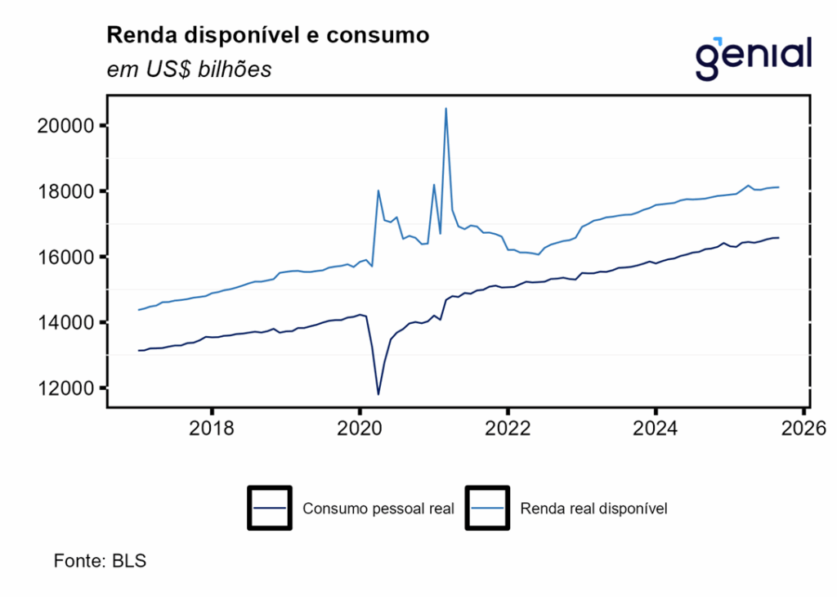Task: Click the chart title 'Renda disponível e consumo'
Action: coord(267,36)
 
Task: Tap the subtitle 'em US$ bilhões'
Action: coord(189,70)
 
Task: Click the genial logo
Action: coord(753,58)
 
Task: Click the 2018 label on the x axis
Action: coord(212,429)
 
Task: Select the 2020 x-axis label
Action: coord(360,429)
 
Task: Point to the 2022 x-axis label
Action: coord(508,429)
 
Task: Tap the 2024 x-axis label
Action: coord(656,429)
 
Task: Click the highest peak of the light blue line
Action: coord(445,109)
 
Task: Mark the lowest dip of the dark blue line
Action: coord(378,394)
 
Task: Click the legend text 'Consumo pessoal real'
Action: coord(378,508)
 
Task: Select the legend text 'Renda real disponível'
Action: coord(594,508)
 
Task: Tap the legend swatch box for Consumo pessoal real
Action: coord(269,508)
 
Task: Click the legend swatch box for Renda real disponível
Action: coord(487,508)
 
